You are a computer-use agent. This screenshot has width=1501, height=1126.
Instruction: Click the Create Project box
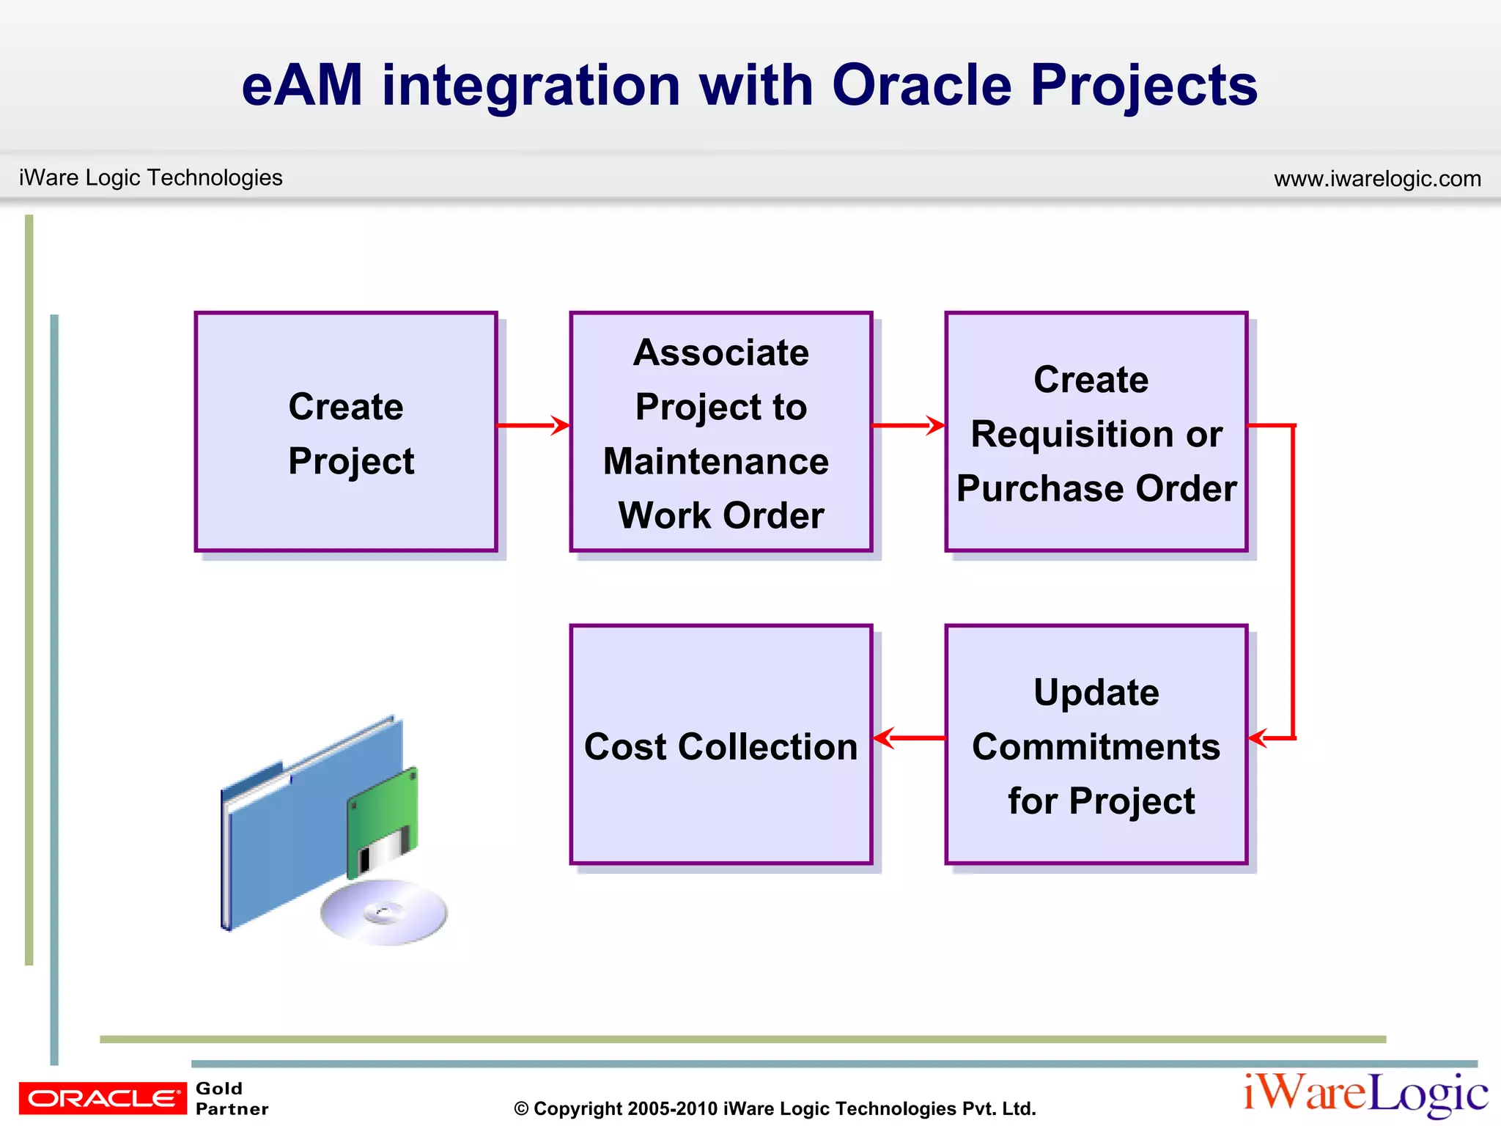[x=345, y=433]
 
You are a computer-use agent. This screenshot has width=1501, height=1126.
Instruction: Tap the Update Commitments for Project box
[x=1096, y=745]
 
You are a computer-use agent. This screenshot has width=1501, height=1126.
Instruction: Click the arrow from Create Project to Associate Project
[x=533, y=425]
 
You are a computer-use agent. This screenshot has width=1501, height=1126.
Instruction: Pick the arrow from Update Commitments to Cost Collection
[x=910, y=737]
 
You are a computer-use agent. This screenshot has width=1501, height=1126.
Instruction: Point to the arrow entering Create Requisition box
[x=908, y=425]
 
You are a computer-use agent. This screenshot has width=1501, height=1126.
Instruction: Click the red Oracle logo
[x=103, y=1097]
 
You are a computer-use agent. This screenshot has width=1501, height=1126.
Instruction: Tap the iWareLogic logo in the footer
[x=1365, y=1093]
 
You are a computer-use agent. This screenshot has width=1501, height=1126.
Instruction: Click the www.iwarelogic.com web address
[x=1377, y=178]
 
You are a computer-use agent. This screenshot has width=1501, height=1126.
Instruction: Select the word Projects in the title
[x=1144, y=85]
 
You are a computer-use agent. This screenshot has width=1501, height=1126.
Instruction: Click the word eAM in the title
[x=302, y=85]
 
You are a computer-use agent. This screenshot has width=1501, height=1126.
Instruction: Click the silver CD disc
[x=384, y=912]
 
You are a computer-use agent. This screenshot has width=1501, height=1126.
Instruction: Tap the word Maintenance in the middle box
[x=716, y=461]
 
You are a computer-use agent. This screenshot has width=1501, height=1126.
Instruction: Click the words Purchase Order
[x=1096, y=488]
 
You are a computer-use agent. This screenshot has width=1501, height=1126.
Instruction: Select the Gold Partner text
[x=232, y=1098]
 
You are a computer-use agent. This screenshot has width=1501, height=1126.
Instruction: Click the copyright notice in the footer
[x=775, y=1108]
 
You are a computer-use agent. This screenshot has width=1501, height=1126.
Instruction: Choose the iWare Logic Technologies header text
[x=150, y=177]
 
